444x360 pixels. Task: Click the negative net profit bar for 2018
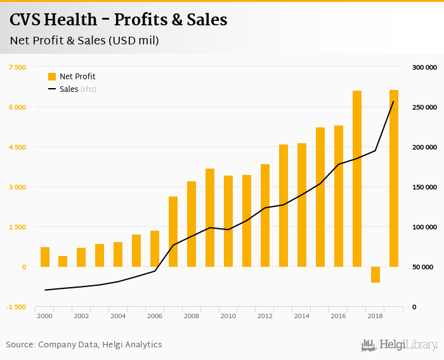click(375, 274)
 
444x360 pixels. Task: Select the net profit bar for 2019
click(394, 178)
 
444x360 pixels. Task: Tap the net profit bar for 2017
click(357, 179)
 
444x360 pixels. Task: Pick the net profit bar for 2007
click(173, 231)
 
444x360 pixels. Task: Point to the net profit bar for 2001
click(63, 261)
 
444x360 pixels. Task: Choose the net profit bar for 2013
click(284, 205)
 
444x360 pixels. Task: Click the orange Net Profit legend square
click(52, 77)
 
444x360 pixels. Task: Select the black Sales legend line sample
click(52, 89)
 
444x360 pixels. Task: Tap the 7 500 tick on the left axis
click(16, 67)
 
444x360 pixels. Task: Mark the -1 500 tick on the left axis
click(16, 307)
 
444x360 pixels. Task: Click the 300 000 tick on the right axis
click(424, 67)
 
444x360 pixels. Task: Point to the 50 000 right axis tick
click(424, 267)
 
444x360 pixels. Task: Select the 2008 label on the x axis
click(192, 316)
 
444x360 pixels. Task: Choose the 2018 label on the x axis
click(375, 316)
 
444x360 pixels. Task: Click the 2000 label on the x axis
click(44, 316)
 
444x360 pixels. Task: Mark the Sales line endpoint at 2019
click(394, 101)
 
